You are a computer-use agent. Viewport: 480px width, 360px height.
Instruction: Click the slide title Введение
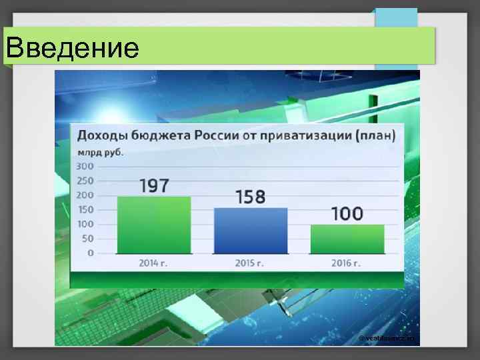click(x=73, y=47)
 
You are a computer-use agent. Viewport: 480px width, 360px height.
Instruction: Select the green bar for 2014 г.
click(x=154, y=225)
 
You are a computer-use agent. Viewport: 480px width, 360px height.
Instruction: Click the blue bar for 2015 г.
click(x=251, y=231)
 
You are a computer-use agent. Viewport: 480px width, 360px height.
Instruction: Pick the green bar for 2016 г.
click(x=347, y=239)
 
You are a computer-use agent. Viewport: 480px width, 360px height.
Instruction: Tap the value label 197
click(x=154, y=185)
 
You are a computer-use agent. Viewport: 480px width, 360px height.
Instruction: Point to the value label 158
click(x=250, y=197)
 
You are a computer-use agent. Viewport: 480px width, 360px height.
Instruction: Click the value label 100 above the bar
click(x=347, y=214)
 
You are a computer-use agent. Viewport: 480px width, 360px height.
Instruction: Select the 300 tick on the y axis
click(x=85, y=166)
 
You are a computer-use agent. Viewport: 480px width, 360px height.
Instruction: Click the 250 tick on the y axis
click(x=85, y=181)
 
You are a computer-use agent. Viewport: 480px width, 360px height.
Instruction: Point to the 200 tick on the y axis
click(x=85, y=195)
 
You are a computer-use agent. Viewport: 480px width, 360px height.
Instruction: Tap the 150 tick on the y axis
click(x=85, y=210)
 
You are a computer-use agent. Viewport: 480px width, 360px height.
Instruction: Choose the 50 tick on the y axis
click(x=87, y=239)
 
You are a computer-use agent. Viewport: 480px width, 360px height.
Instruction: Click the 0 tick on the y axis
click(x=90, y=253)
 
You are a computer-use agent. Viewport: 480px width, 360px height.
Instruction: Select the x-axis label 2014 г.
click(x=153, y=263)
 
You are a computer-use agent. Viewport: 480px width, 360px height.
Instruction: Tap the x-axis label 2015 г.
click(x=250, y=263)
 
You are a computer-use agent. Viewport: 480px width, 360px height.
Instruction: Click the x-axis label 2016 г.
click(x=347, y=263)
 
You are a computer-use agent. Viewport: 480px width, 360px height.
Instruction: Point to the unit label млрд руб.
click(x=101, y=151)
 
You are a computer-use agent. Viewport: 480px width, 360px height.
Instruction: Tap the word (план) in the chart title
click(x=375, y=136)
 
